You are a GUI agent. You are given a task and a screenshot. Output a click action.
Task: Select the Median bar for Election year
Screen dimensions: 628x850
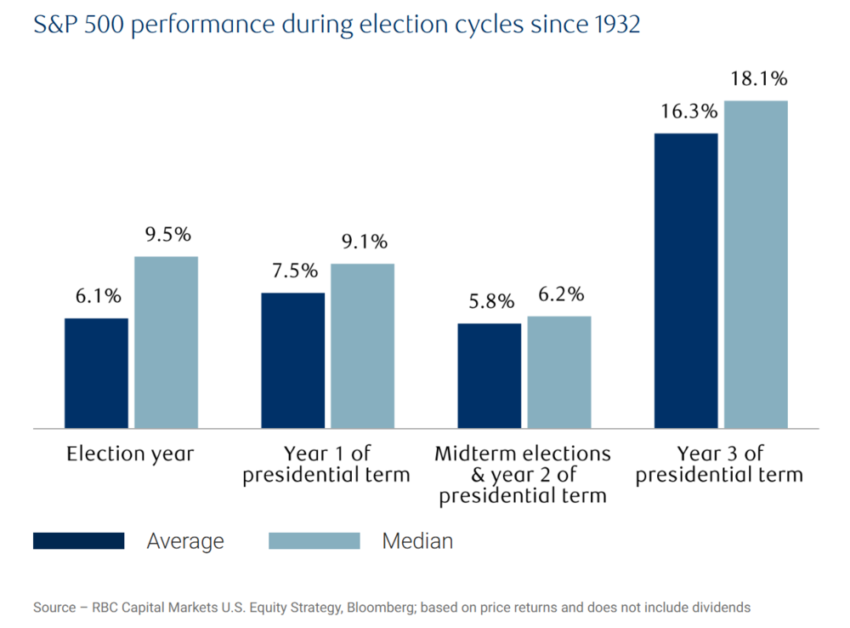click(x=166, y=342)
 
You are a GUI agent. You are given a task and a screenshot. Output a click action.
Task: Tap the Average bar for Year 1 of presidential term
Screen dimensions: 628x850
click(x=292, y=360)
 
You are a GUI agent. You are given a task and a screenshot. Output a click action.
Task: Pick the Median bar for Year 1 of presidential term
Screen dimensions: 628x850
click(x=362, y=345)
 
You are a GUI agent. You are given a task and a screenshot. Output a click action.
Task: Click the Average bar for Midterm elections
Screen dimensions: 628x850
click(x=489, y=375)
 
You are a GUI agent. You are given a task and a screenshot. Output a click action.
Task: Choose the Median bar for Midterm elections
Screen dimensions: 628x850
click(x=558, y=372)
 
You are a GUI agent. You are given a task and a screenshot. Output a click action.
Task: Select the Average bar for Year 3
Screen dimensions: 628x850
click(x=685, y=280)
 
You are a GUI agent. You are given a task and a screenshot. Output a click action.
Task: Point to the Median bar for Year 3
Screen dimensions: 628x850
click(x=755, y=264)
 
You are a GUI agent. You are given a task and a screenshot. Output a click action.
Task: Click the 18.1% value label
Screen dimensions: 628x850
click(x=758, y=79)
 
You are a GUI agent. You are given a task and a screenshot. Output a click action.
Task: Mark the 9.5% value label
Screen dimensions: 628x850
click(x=167, y=235)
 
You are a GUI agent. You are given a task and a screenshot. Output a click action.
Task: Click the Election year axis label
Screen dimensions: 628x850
click(x=130, y=454)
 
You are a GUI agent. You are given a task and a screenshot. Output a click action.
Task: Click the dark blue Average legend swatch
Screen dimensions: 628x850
click(x=78, y=541)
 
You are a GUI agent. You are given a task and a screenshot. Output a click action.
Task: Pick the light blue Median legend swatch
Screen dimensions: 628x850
click(x=314, y=541)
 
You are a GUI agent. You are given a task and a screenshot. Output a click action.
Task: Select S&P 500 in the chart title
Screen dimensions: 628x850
click(x=73, y=26)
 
